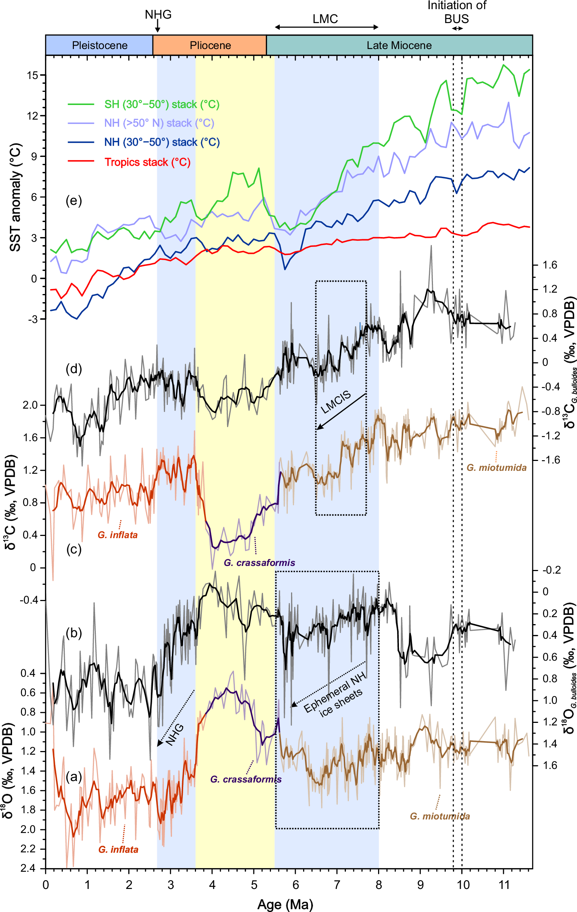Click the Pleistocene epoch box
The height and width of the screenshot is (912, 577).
(x=99, y=45)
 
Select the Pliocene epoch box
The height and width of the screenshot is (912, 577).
(x=210, y=45)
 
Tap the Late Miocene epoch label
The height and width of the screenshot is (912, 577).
(x=399, y=45)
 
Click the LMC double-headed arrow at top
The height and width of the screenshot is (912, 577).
(x=326, y=27)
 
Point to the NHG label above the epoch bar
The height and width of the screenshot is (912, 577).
(x=158, y=14)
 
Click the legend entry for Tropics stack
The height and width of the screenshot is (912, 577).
(x=147, y=162)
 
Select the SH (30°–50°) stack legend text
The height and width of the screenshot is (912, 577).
(x=162, y=104)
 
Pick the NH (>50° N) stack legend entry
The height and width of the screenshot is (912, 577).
(x=159, y=123)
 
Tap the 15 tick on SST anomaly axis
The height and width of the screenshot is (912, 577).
(x=33, y=75)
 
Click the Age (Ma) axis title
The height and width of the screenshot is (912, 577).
(x=286, y=904)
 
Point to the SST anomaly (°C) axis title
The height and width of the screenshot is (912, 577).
(x=15, y=197)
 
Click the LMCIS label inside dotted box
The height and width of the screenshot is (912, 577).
(x=335, y=403)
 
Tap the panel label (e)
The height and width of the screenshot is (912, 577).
(x=74, y=200)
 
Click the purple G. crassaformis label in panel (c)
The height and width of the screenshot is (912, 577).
(x=259, y=563)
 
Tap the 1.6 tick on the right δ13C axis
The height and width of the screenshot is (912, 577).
(x=549, y=265)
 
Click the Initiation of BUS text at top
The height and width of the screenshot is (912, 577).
(x=457, y=12)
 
